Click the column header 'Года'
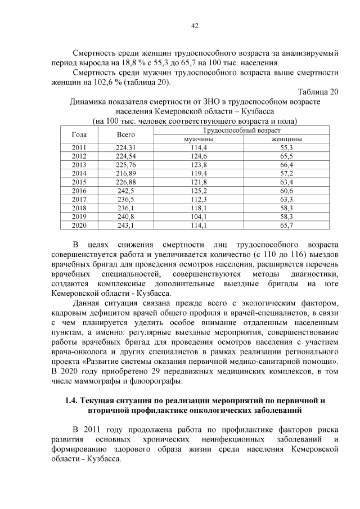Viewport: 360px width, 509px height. click(79, 134)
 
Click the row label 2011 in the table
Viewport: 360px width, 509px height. click(79, 147)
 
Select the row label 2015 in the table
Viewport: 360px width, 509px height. click(79, 182)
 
